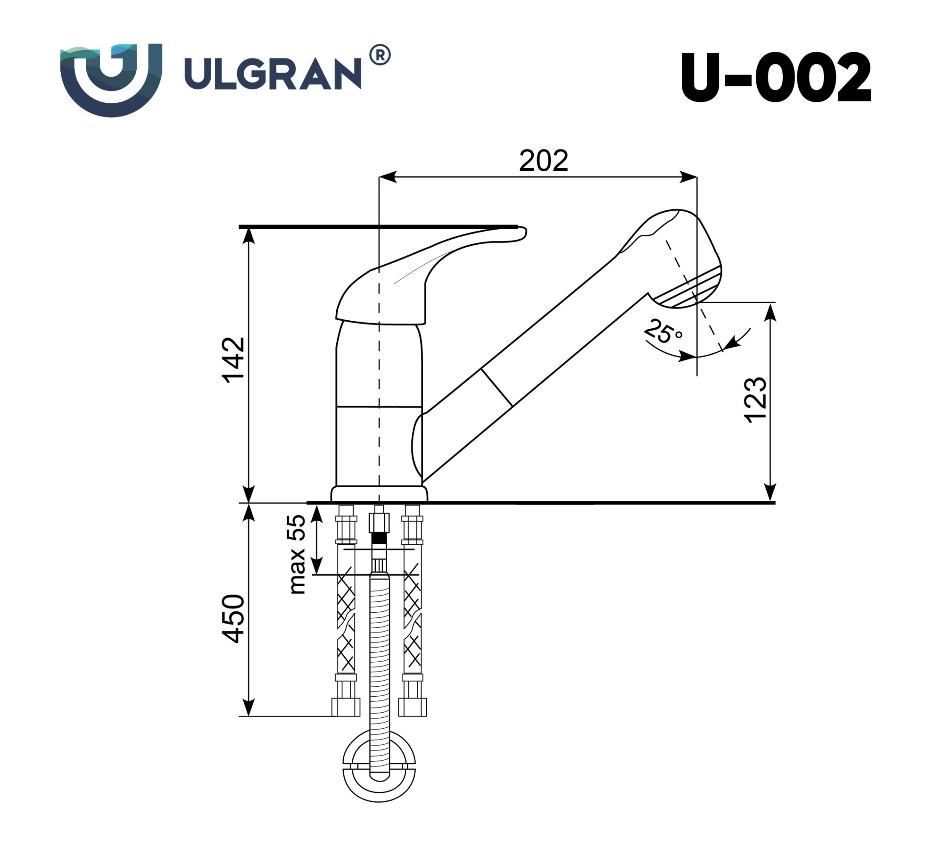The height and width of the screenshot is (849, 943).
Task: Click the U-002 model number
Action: click(776, 78)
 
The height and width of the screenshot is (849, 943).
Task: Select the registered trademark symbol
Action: click(380, 55)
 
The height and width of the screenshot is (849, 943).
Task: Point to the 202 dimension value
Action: click(544, 161)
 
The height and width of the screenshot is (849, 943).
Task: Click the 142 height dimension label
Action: click(234, 360)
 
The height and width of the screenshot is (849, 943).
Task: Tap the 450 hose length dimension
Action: click(234, 619)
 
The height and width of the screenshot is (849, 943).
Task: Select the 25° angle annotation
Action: click(662, 331)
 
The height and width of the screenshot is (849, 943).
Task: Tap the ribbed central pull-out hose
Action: click(379, 660)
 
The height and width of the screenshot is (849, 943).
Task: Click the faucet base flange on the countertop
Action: click(379, 494)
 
